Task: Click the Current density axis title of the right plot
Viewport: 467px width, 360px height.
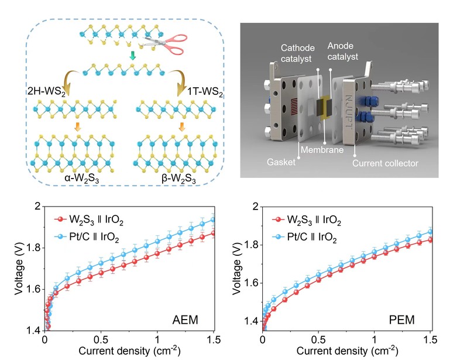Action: click(346, 352)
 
